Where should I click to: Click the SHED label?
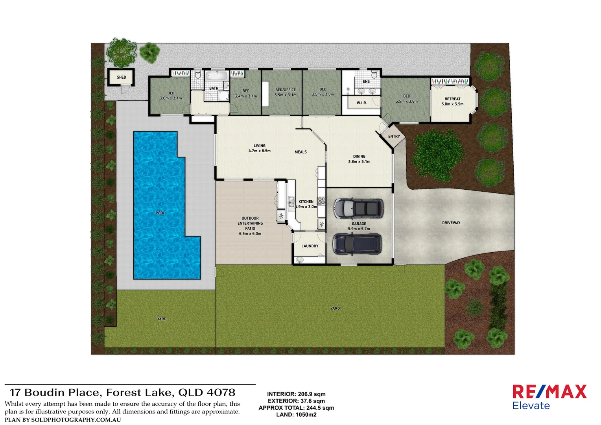click(122, 77)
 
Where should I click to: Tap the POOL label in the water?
click(160, 213)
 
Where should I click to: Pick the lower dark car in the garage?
click(357, 244)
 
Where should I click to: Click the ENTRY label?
click(394, 137)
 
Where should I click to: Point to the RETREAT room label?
click(452, 99)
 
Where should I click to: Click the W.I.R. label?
click(362, 103)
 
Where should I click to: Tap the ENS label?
click(366, 81)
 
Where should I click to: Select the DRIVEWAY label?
click(451, 223)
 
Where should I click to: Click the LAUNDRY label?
click(310, 246)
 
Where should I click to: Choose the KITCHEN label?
click(306, 201)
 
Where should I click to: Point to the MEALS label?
click(300, 152)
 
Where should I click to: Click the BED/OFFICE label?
click(286, 90)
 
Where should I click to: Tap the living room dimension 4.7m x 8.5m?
click(260, 151)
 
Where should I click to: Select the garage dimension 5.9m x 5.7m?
click(359, 229)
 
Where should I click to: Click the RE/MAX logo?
click(549, 392)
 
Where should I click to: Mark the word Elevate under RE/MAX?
click(531, 406)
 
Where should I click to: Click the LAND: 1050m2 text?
click(296, 414)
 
